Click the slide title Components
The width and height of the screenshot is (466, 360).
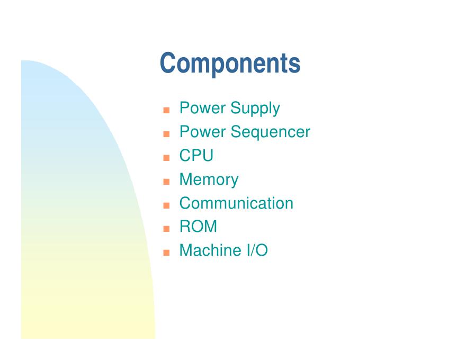click(230, 64)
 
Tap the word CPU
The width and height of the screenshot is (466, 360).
click(196, 156)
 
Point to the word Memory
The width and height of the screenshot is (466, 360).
click(209, 179)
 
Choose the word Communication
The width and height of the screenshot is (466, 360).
click(236, 203)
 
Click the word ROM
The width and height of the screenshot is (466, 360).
click(198, 227)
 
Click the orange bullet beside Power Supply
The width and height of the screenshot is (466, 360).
click(166, 111)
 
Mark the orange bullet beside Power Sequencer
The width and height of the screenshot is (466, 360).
click(166, 134)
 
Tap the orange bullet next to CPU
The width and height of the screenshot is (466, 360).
click(166, 158)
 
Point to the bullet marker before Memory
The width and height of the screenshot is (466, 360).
click(166, 182)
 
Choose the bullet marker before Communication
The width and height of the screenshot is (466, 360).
click(166, 205)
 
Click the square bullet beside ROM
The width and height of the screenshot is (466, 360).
click(166, 229)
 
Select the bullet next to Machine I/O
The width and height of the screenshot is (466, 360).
click(166, 253)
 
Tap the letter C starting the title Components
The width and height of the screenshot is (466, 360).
click(168, 63)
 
